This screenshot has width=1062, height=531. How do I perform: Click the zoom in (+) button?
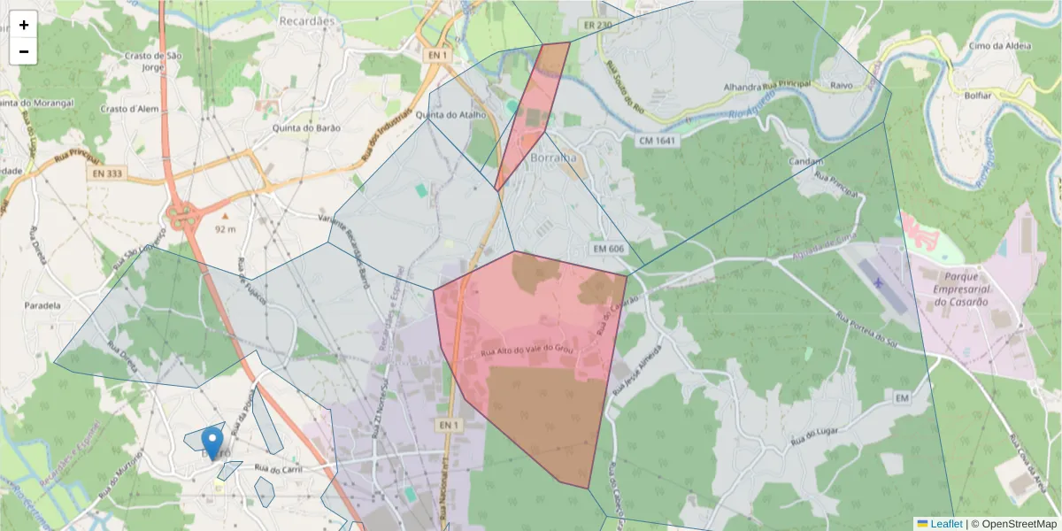[24, 25]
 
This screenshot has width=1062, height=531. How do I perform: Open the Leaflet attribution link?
[946, 524]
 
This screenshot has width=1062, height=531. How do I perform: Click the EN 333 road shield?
[106, 174]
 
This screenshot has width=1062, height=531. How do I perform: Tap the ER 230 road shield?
[598, 25]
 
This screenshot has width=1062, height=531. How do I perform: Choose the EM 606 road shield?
[609, 249]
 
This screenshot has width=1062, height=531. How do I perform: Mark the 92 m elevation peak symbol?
[225, 215]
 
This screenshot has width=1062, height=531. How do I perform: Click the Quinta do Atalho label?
[452, 115]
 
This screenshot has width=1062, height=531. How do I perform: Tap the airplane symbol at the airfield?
[877, 282]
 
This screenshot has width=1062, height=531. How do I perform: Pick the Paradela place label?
[43, 305]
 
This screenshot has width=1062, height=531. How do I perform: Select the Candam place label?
[805, 162]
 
